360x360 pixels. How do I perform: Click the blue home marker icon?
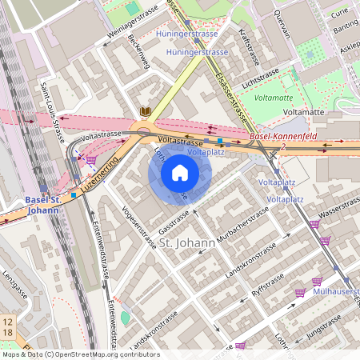[x=180, y=173]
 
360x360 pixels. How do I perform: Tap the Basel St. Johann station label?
[x=42, y=204]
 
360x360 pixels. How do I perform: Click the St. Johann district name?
[x=186, y=242]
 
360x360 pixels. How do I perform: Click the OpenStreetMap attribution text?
[x=80, y=354]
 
